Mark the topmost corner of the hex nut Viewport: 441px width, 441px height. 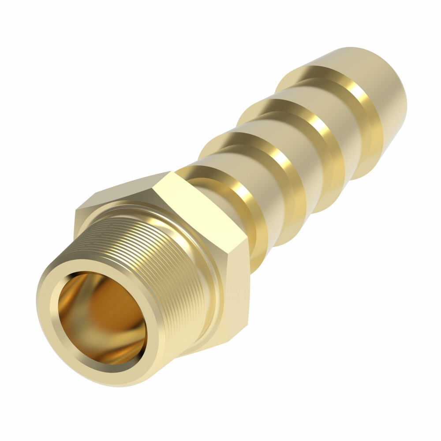point(170,172)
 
